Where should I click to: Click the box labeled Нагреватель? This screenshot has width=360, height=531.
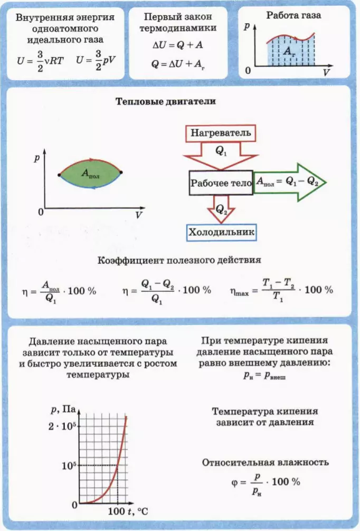click(x=221, y=133)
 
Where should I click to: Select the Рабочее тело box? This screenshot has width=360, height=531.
click(x=221, y=183)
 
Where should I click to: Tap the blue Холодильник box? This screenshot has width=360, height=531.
click(x=222, y=232)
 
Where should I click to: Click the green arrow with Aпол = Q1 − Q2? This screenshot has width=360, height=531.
click(x=290, y=182)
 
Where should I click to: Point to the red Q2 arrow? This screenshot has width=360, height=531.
click(x=221, y=209)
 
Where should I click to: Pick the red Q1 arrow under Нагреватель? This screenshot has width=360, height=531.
click(x=221, y=155)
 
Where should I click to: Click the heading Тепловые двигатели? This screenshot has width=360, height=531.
click(x=166, y=101)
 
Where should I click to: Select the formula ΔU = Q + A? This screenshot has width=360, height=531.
click(x=177, y=45)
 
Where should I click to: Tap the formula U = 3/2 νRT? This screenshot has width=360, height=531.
click(x=40, y=61)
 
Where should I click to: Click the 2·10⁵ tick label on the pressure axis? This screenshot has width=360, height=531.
click(x=62, y=426)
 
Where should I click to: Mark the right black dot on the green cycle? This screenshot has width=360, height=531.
click(x=121, y=173)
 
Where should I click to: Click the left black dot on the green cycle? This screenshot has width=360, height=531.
click(x=60, y=175)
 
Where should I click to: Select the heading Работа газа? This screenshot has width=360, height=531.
click(x=293, y=16)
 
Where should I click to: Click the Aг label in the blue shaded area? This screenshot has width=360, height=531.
click(x=288, y=51)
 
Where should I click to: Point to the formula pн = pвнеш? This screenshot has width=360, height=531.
click(x=264, y=375)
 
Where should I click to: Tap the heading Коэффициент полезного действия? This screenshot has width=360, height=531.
click(x=179, y=260)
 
